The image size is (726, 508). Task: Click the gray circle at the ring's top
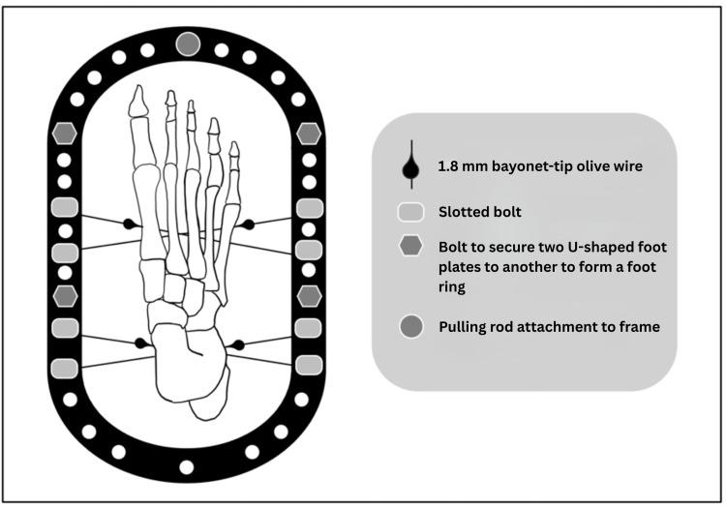(188, 43)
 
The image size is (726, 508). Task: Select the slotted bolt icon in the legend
(411, 211)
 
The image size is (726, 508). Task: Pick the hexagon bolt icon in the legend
(411, 247)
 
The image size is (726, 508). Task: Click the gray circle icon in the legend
(411, 327)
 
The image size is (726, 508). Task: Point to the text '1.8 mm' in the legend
(460, 166)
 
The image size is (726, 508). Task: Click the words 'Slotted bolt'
(481, 211)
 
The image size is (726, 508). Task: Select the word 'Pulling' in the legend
(466, 327)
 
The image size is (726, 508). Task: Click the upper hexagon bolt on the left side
(65, 133)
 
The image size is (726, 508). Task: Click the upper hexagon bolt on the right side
(309, 133)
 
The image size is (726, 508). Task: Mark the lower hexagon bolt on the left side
(65, 295)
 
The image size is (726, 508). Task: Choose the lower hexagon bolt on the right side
(309, 295)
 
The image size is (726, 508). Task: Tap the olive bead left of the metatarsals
(129, 224)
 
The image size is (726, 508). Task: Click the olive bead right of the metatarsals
(248, 224)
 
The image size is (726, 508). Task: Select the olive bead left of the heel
(140, 344)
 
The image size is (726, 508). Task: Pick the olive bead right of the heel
(236, 344)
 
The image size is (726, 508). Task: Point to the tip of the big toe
(137, 89)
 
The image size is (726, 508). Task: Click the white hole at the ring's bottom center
(187, 467)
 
